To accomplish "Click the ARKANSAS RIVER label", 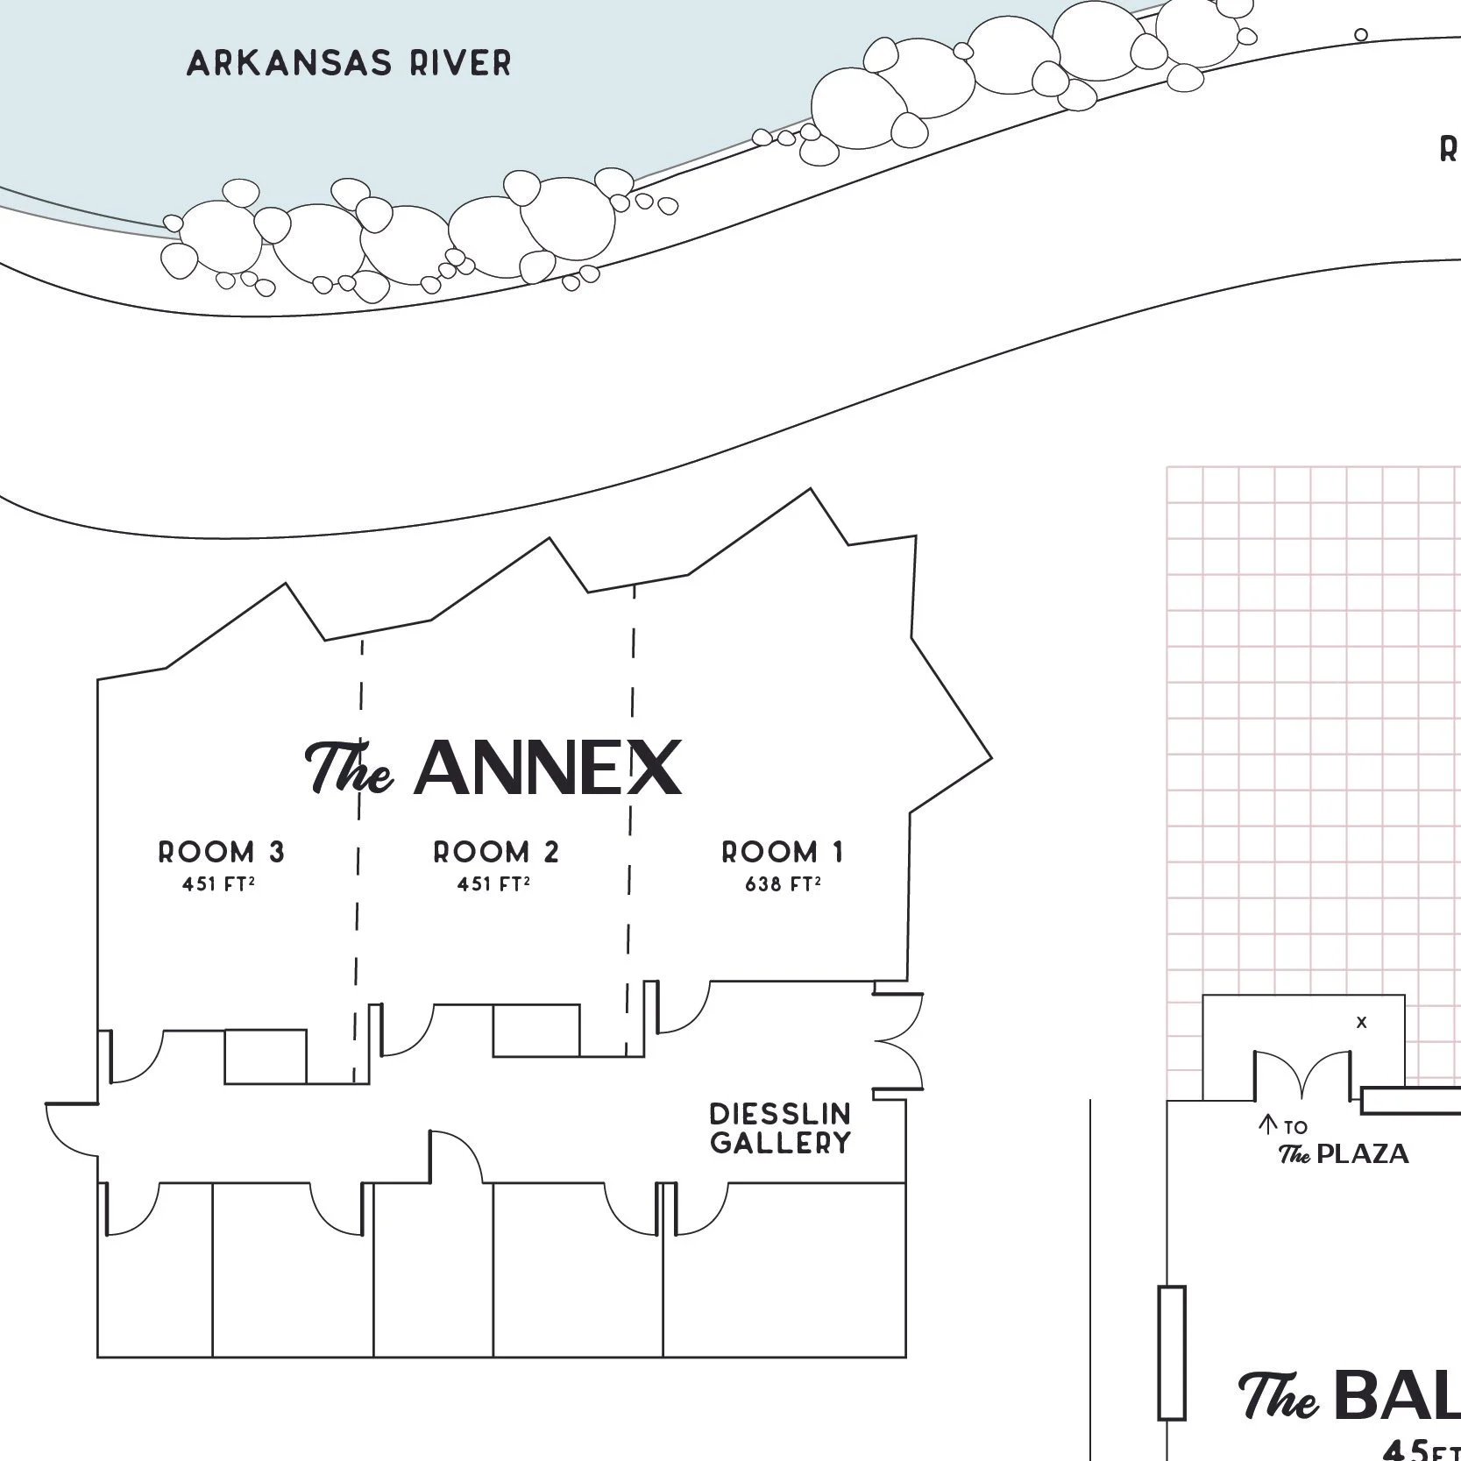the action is pos(349,63).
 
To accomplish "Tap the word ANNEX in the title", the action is pos(548,769).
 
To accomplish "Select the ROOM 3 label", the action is pos(221,852).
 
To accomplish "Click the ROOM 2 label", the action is pos(496,852).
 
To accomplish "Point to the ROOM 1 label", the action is pos(783,852).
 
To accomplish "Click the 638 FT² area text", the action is pos(783,884).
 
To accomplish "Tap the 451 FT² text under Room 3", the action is pos(218,884).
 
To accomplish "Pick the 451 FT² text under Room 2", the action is pos(493,884).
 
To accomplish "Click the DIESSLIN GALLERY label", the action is pos(780,1128).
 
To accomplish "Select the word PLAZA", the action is pos(1363,1153).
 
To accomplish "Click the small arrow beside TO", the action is pos(1266,1124).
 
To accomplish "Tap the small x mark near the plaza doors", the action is pos(1361,1022).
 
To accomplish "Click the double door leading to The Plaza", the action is pos(1302,1074).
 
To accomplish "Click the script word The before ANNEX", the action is pos(348,769).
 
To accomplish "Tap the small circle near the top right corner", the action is pos(1361,35).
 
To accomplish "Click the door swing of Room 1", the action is pos(683,1008).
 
